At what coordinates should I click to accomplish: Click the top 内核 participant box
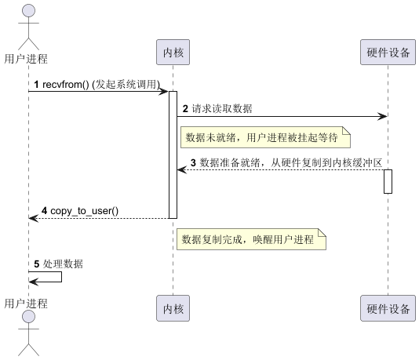(173, 53)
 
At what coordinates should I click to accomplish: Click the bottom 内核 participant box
(173, 308)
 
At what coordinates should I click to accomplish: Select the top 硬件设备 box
(388, 53)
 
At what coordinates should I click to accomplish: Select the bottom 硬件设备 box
(388, 308)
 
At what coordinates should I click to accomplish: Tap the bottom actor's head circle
(28, 317)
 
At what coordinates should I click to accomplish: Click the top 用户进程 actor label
(26, 58)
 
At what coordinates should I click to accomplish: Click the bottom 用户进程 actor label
(26, 303)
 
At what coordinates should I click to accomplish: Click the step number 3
(193, 162)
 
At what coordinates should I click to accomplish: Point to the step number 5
(35, 264)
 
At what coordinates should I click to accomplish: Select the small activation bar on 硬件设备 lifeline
(388, 181)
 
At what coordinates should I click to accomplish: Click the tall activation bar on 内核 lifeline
(173, 154)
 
